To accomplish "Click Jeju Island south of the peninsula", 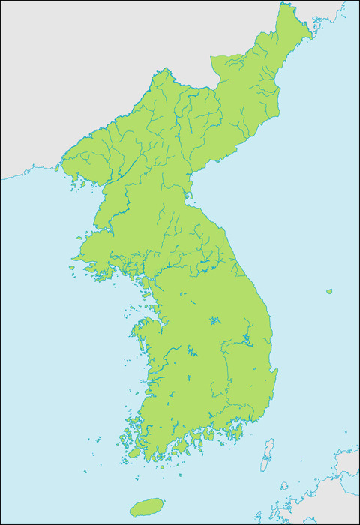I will (147, 507).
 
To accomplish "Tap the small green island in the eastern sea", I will (329, 291).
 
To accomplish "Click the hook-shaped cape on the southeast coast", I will (275, 370).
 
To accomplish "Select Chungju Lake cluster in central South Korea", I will (215, 320).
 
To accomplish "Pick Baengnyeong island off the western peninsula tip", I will (72, 267).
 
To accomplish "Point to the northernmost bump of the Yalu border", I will (160, 70).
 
